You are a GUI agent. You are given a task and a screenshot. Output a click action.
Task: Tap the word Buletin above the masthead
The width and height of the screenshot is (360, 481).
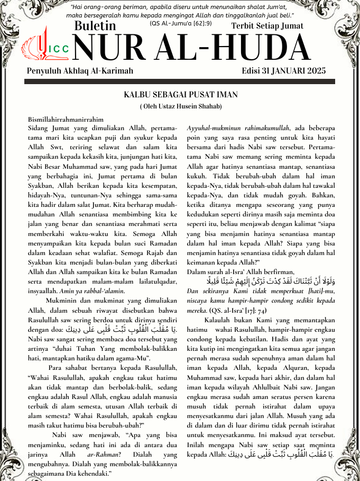pyautogui.click(x=95, y=25)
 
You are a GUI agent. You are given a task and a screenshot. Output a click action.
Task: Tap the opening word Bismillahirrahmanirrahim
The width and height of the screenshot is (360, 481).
pyautogui.click(x=66, y=120)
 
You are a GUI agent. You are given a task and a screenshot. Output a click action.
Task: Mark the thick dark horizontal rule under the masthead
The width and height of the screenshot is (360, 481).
pyautogui.click(x=180, y=82)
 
